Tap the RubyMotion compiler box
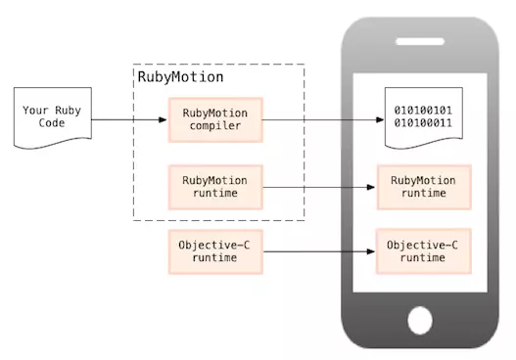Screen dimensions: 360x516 [215, 120]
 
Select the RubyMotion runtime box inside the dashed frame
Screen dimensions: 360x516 [215, 187]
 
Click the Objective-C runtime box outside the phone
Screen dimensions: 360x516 [215, 250]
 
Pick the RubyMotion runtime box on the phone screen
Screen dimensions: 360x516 [424, 187]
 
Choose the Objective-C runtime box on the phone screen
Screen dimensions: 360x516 [424, 250]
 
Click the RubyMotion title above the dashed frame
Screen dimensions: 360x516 [180, 76]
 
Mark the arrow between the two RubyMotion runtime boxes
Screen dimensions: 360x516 [321, 187]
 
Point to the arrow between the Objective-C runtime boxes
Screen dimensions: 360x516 [321, 250]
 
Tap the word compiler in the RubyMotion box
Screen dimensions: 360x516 [215, 127]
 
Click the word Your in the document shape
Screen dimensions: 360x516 [35, 111]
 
